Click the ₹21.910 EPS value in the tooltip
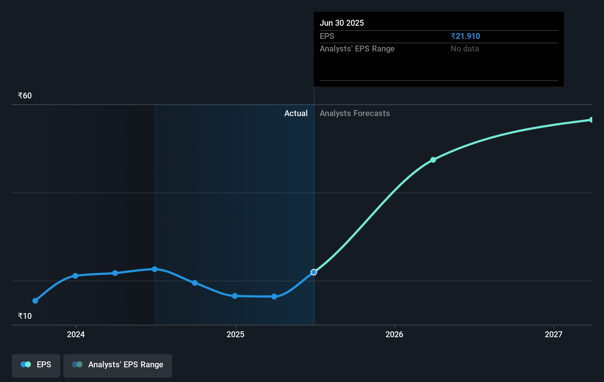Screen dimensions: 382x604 coord(465,36)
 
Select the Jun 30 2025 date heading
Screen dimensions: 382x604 coord(341,23)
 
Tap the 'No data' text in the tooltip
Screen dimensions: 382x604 coord(465,48)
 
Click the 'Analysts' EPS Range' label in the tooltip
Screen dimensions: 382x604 coord(357,48)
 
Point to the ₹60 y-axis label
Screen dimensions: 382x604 coord(25,95)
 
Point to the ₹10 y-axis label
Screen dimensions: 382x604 coord(25,316)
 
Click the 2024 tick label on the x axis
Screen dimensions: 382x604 coord(76,334)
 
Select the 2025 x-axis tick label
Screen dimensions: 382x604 coord(235,334)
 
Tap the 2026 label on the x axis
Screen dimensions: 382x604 coord(394,334)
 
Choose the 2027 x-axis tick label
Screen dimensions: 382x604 coord(554,334)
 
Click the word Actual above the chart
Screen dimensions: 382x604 coord(296,113)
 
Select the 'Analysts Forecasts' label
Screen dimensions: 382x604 coord(355,113)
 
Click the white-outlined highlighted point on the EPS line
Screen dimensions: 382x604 coord(314,272)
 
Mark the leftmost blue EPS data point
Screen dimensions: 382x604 coord(35,301)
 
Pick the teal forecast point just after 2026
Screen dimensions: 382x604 coord(433,160)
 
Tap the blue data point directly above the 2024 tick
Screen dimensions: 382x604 coord(75,276)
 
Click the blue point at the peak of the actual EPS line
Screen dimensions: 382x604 coord(155,269)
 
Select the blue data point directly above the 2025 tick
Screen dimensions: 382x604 coord(235,296)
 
